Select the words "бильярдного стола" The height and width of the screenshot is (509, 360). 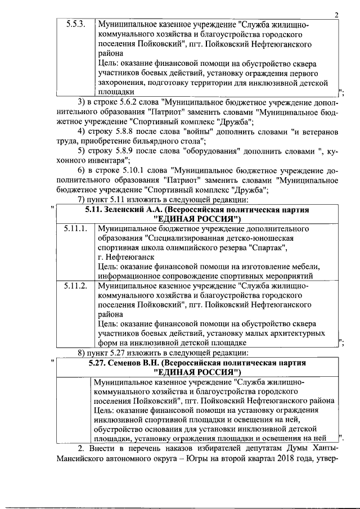click(x=170, y=141)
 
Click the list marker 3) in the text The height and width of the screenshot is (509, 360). click(x=82, y=101)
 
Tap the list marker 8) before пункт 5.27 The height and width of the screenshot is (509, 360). click(x=82, y=353)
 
